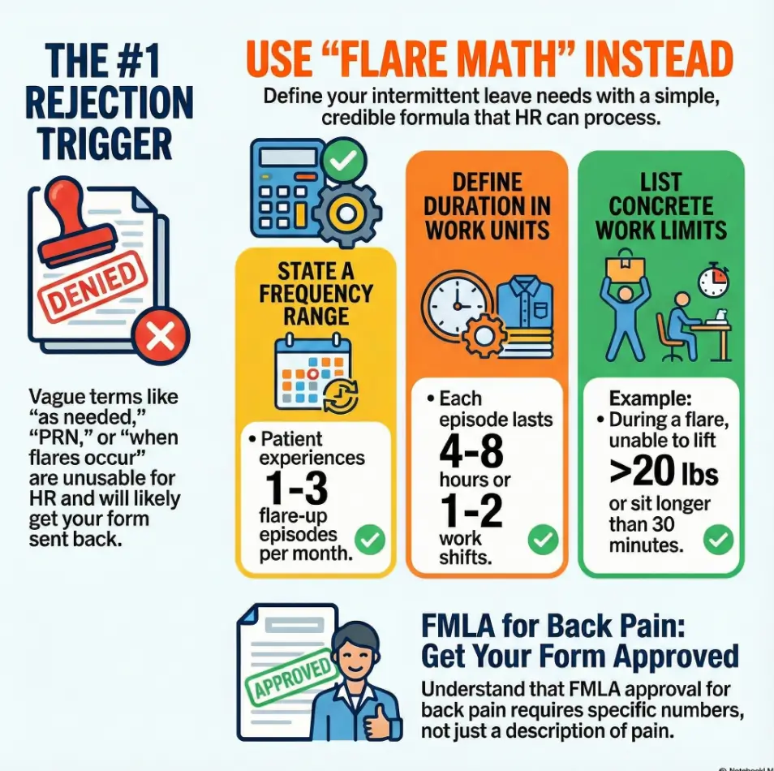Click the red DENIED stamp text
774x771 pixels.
tap(92, 286)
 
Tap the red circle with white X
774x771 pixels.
tap(161, 336)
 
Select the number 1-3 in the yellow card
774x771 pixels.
tap(296, 488)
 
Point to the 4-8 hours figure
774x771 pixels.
tap(471, 451)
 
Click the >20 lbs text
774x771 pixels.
tap(664, 470)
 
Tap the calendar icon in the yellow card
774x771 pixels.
tap(316, 374)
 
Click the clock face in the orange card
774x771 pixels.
tap(457, 304)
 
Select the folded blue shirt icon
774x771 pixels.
tap(525, 316)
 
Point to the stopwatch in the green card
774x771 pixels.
tap(714, 282)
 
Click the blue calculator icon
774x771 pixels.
tap(286, 187)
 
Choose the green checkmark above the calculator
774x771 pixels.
tap(343, 160)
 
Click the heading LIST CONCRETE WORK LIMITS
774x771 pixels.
tap(661, 206)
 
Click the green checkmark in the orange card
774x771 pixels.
tap(543, 540)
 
